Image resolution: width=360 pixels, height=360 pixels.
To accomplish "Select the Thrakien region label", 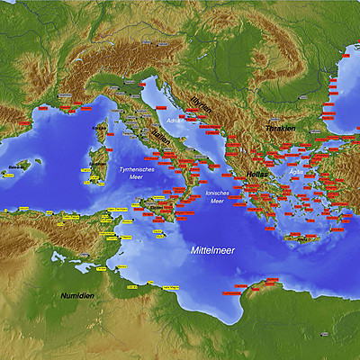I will pyautogui.click(x=280, y=129).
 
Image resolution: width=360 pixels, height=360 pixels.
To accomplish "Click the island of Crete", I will pyautogui.click(x=301, y=239).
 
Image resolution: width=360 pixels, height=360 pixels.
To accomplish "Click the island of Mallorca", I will pyautogui.click(x=25, y=167).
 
